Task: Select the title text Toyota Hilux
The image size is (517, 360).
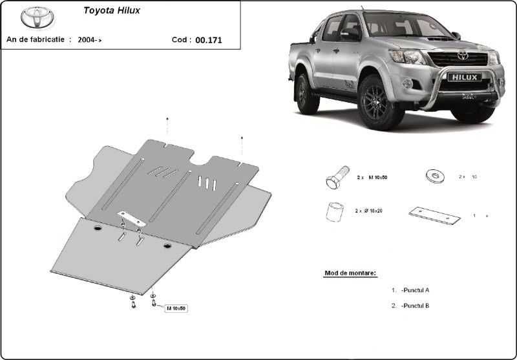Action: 111,11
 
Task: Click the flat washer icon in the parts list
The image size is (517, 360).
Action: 433,175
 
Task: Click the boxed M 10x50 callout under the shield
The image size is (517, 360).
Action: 175,308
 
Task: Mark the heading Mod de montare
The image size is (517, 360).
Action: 350,273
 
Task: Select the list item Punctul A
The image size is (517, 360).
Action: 415,291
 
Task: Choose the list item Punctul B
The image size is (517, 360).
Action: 415,305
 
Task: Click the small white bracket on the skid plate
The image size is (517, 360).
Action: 131,220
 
